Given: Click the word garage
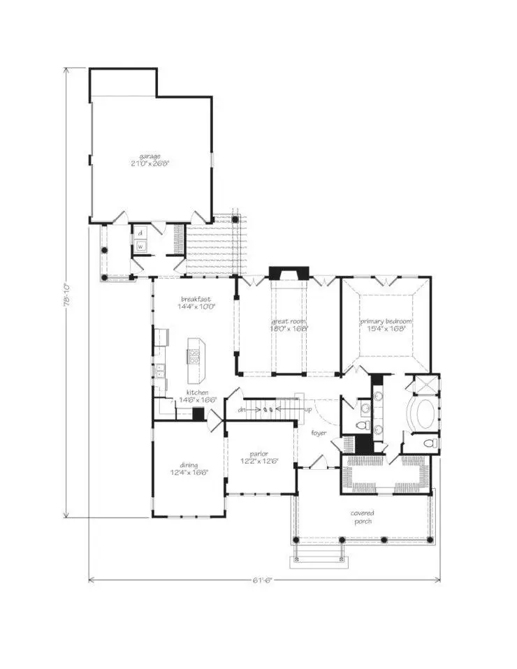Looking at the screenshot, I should tap(150, 156).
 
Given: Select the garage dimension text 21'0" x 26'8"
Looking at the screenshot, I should tap(150, 163).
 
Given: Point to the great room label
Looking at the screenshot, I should tap(289, 321).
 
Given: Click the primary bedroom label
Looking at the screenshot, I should tap(386, 321).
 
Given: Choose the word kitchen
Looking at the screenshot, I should tap(196, 392).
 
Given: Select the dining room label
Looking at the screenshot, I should tap(188, 465).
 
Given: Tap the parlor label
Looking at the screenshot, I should tap(262, 454).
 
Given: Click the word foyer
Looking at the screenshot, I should tap(319, 433).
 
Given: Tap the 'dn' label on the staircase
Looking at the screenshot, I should tap(242, 409).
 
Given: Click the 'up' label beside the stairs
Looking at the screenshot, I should tap(308, 409).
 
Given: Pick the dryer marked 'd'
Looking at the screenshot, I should tap(140, 233).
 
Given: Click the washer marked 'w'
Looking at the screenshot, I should tap(140, 246).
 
